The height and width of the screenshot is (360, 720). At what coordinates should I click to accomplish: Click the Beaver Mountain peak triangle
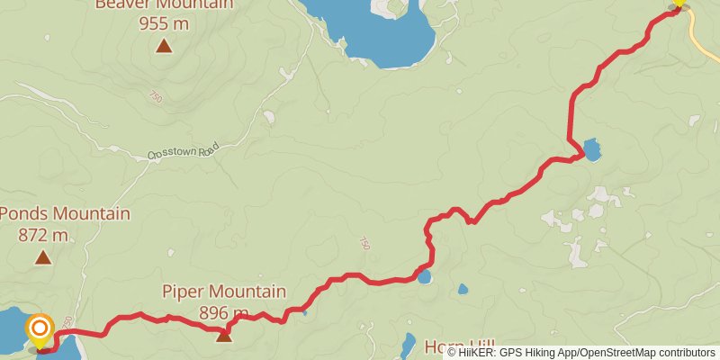click(x=164, y=46)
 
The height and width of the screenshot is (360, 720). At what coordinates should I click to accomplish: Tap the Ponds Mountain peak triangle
click(x=42, y=258)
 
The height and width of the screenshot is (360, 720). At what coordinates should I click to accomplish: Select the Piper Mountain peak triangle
click(x=223, y=335)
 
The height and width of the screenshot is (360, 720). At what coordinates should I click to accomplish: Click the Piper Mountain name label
click(x=224, y=292)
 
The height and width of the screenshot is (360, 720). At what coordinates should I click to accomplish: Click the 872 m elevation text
click(x=42, y=235)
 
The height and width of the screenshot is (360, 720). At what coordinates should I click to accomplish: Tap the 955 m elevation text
click(x=164, y=23)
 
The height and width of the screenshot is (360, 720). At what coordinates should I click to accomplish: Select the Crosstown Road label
click(x=183, y=154)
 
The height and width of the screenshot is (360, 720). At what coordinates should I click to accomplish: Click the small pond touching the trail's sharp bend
click(x=591, y=148)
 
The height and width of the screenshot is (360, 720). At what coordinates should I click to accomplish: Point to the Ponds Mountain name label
click(x=65, y=214)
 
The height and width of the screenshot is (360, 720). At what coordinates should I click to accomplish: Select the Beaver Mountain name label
click(x=164, y=4)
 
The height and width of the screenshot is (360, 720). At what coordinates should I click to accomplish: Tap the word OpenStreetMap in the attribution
click(x=620, y=353)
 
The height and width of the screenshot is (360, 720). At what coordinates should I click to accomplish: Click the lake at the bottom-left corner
click(x=13, y=328)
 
